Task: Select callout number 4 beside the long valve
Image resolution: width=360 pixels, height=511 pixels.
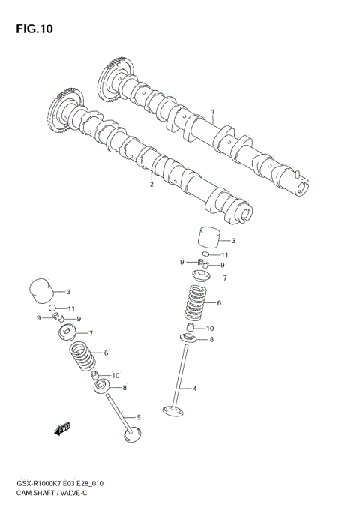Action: coord(195,388)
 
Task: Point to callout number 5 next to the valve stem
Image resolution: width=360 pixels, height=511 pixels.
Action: coord(139,416)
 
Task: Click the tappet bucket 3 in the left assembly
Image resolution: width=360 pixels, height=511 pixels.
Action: coord(40,291)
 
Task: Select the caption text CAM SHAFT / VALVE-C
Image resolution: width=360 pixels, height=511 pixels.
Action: coord(51,496)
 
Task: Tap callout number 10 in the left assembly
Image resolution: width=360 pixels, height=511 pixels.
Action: coord(116,374)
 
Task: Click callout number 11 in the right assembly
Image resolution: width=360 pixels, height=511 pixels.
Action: coord(224,255)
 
